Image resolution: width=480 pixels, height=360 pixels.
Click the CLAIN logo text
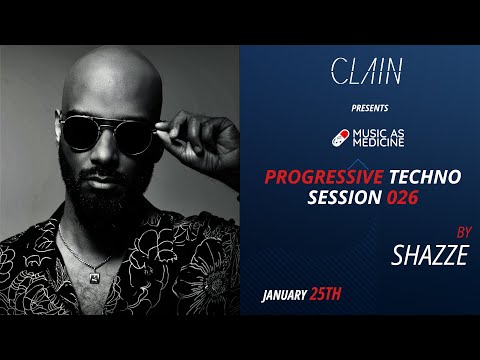click(366, 71)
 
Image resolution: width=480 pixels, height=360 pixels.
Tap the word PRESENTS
click(367, 106)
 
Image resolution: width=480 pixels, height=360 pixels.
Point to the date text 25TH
click(345, 297)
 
